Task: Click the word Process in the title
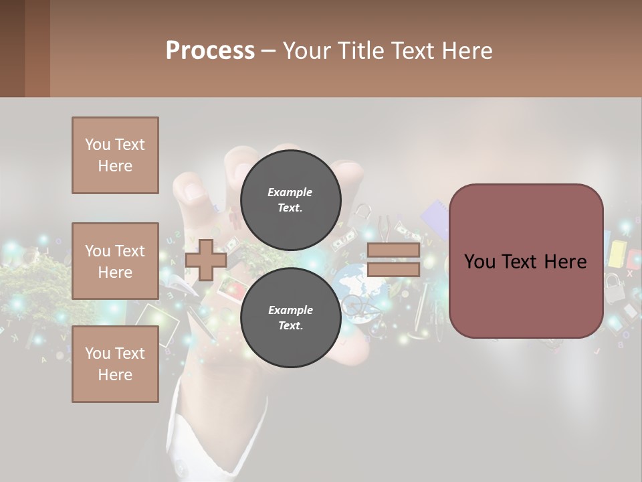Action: tap(210, 51)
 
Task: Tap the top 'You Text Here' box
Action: tap(115, 155)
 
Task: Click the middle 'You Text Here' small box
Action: tap(115, 261)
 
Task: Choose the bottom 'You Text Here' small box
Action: tap(115, 364)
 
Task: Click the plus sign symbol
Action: tap(206, 260)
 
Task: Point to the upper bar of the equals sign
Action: tap(393, 250)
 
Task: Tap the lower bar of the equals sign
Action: tap(393, 270)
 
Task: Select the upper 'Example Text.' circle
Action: tap(290, 200)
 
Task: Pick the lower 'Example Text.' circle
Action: tap(290, 317)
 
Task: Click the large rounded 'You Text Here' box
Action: tap(526, 261)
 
